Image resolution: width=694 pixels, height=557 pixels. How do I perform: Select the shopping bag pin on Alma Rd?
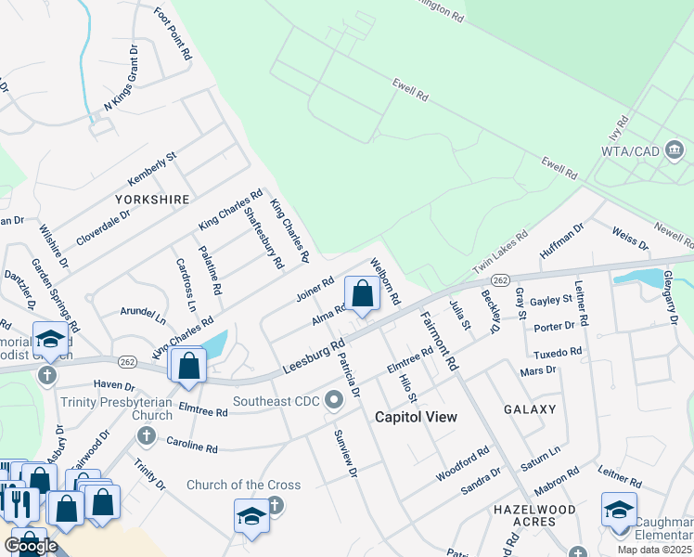pos(362,294)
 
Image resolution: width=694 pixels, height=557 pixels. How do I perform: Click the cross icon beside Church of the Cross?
pos(274,505)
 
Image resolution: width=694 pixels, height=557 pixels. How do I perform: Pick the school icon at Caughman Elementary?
pos(619,511)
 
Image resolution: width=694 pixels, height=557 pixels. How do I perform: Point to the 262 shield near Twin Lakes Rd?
pos(500,280)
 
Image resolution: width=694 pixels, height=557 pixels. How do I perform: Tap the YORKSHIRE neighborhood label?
pos(152,200)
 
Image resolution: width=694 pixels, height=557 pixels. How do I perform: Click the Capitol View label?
pos(416,417)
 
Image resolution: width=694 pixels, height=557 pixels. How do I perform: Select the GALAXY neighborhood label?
pos(530,409)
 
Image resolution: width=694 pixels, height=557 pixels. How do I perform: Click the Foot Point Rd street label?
pos(173,34)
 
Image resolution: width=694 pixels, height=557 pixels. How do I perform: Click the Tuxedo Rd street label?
pos(558,354)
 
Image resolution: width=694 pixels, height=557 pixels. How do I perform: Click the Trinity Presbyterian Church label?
pos(117,408)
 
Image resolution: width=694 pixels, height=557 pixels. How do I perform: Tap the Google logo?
pos(31,546)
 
